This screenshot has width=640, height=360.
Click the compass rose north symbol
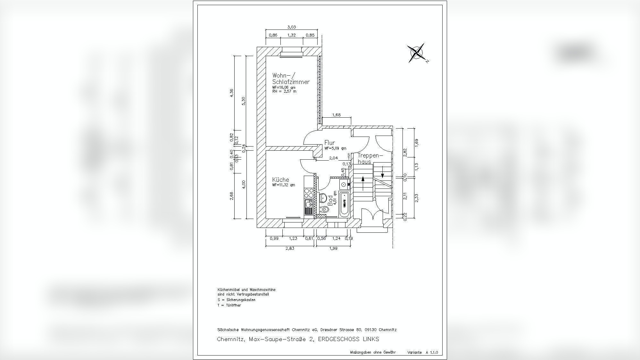pyautogui.click(x=416, y=53)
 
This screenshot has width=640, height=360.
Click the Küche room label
pyautogui.click(x=280, y=180)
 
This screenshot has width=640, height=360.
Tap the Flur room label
pyautogui.click(x=329, y=143)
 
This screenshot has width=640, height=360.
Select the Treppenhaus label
pyautogui.click(x=370, y=158)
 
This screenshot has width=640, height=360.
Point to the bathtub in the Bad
pyautogui.click(x=345, y=204)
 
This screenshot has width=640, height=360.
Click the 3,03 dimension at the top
pyautogui.click(x=291, y=27)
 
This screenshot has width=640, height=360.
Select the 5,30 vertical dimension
pyautogui.click(x=244, y=101)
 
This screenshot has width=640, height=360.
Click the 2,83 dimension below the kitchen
pyautogui.click(x=289, y=248)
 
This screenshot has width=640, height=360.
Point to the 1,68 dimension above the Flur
pyautogui.click(x=337, y=115)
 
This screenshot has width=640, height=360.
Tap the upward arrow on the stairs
pyautogui.click(x=363, y=183)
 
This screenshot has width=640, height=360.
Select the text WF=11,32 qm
pyautogui.click(x=283, y=185)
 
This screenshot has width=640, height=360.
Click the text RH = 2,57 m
pyautogui.click(x=284, y=91)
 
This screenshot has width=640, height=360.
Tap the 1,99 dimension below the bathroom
pyautogui.click(x=333, y=248)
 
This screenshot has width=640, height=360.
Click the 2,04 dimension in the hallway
pyautogui.click(x=333, y=158)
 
